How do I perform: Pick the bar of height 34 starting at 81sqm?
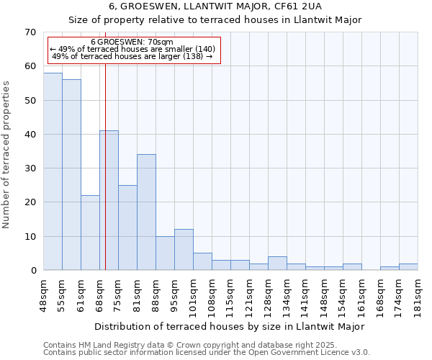pyautogui.click(x=146, y=212)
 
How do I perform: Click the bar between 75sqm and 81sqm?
pyautogui.click(x=127, y=228)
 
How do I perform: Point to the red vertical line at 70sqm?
pyautogui.click(x=105, y=180)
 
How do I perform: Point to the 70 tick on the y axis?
pyautogui.click(x=30, y=32)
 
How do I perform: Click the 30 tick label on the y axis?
pyautogui.click(x=30, y=168)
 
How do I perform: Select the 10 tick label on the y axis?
pyautogui.click(x=30, y=237)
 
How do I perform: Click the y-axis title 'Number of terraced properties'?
pyautogui.click(x=6, y=154)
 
